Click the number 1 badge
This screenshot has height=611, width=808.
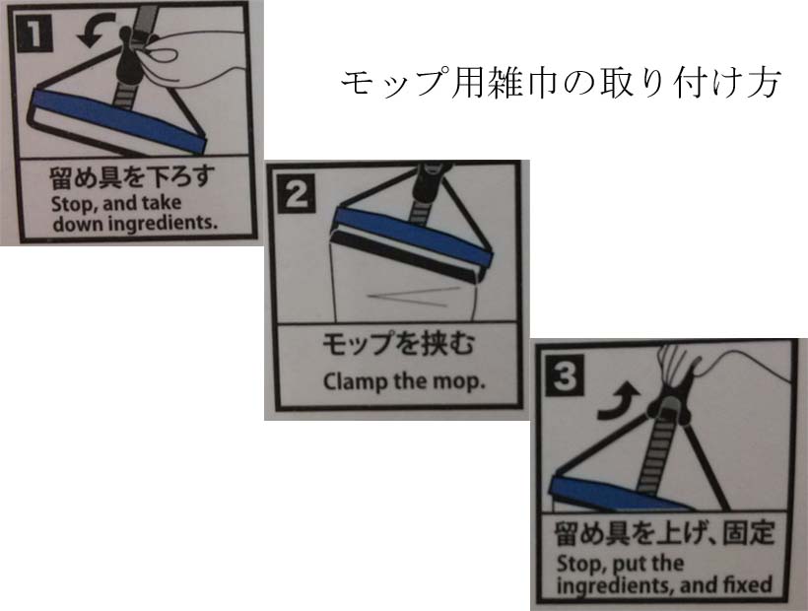(x=34, y=34)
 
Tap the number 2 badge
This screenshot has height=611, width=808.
(x=297, y=194)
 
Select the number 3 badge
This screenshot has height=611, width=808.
(x=565, y=376)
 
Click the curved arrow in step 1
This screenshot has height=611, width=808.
(x=95, y=31)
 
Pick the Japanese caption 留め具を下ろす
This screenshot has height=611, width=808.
(x=132, y=177)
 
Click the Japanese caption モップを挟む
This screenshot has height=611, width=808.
(x=398, y=344)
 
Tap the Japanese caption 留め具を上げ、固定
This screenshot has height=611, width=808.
(x=665, y=533)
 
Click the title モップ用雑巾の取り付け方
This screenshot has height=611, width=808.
(x=561, y=82)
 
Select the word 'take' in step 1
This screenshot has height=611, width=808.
(x=162, y=203)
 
